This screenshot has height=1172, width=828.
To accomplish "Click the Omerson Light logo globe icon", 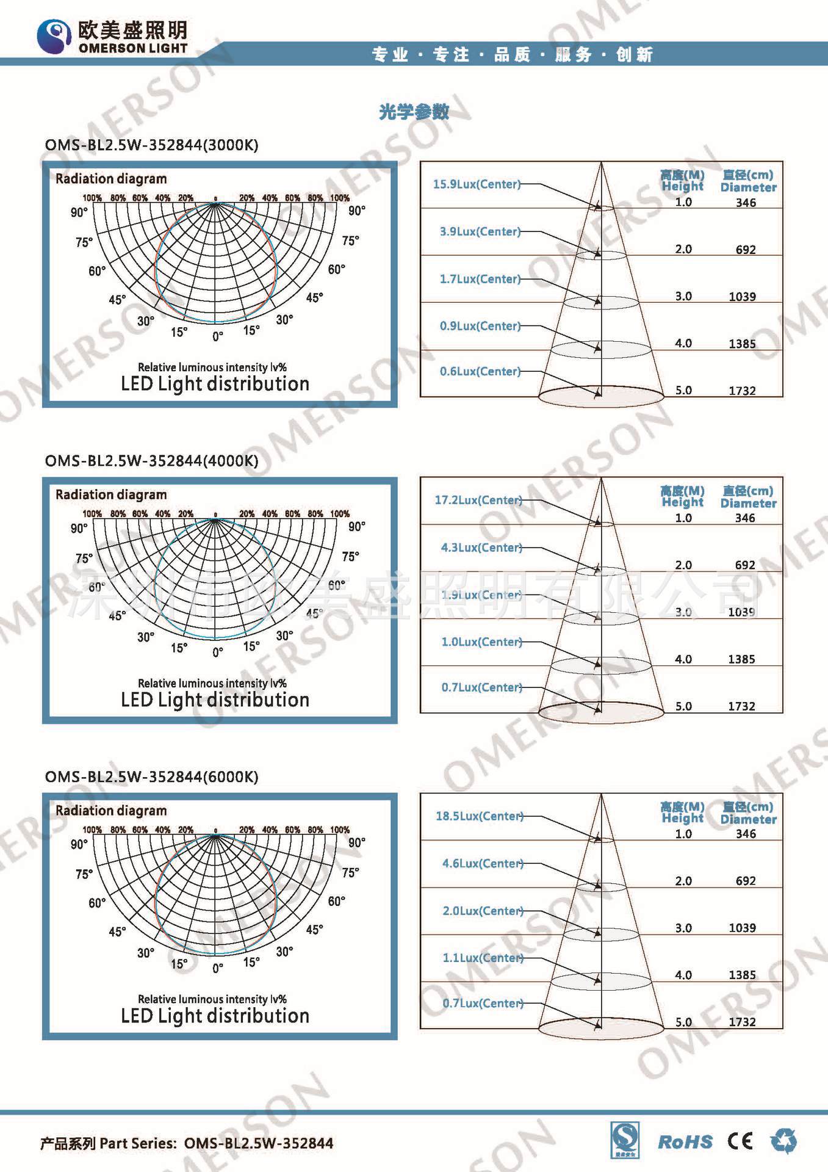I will [x=54, y=35].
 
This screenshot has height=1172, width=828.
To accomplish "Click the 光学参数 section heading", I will [x=414, y=112].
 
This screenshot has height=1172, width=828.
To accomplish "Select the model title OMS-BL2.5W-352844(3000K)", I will [x=151, y=145].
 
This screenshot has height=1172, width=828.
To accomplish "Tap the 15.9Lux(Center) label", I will [x=477, y=184].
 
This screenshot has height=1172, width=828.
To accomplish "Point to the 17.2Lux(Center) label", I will [x=478, y=500].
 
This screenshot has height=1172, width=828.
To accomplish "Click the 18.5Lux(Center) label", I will [x=479, y=816].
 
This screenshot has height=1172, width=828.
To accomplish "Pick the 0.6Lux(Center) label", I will [x=480, y=371].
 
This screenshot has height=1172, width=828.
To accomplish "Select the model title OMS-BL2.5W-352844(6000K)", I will [x=151, y=777].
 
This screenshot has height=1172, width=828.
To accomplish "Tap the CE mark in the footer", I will [x=740, y=1141].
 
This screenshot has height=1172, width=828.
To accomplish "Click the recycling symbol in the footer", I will [x=783, y=1141].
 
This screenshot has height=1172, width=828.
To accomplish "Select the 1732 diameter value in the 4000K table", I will [x=741, y=706].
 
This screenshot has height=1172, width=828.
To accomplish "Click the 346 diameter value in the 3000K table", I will [x=746, y=203].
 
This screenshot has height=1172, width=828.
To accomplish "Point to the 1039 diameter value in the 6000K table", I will [x=742, y=928].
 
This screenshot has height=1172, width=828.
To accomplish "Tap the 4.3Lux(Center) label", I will [x=481, y=548].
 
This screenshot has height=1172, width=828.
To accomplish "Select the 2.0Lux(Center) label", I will [x=483, y=911].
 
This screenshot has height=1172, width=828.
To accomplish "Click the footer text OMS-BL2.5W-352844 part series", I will [x=258, y=1143].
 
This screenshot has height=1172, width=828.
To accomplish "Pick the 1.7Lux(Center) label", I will [x=480, y=279].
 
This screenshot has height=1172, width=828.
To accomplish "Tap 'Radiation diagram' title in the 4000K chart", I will [x=111, y=494].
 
